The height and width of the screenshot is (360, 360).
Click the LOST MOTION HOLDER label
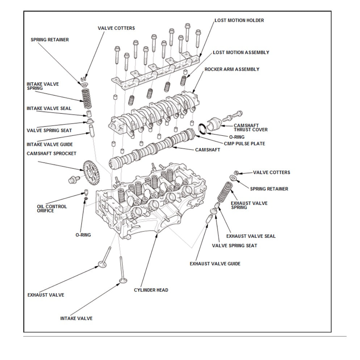pyautogui.click(x=239, y=20)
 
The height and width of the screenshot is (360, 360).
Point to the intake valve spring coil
pyautogui.click(x=87, y=99)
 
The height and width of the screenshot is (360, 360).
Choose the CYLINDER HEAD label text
pyautogui.click(x=151, y=290)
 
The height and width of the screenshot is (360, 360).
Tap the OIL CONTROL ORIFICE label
pyautogui.click(x=52, y=209)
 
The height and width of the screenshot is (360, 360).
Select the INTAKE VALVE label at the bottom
pyautogui.click(x=76, y=318)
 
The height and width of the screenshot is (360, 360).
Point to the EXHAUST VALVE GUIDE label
pyautogui.click(x=215, y=264)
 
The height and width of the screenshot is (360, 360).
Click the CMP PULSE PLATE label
pyautogui.click(x=244, y=143)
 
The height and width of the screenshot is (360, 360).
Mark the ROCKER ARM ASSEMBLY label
pyautogui.click(x=232, y=69)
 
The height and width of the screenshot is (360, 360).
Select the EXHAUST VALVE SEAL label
pyautogui.click(x=251, y=236)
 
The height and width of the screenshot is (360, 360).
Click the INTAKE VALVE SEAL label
pyautogui.click(x=49, y=108)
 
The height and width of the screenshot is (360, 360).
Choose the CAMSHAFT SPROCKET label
pyautogui.click(x=51, y=154)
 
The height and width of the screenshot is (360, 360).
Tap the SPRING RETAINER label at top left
pyautogui.click(x=50, y=39)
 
